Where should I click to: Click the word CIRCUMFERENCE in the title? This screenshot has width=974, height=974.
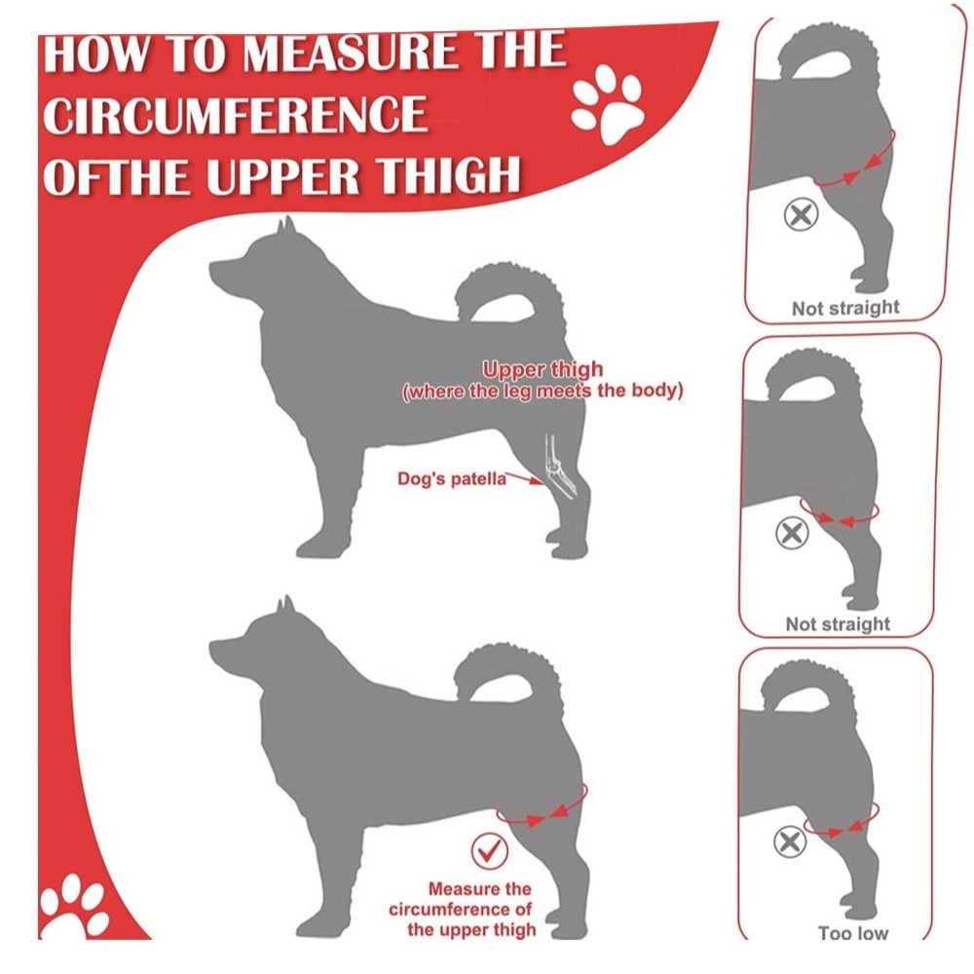tap(236, 115)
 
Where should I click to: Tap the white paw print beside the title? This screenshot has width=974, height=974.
tap(608, 104)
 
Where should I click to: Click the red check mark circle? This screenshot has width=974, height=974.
tap(490, 851)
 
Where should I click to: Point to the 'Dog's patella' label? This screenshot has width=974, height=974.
tap(452, 479)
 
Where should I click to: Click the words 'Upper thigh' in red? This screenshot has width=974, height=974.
tap(543, 369)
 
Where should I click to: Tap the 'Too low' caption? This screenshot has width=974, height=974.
tap(853, 933)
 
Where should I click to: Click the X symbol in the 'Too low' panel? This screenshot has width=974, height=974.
tap(790, 842)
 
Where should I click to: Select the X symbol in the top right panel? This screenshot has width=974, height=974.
tap(802, 215)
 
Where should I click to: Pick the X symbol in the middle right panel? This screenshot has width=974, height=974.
tap(792, 533)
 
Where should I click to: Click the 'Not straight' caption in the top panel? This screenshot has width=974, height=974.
tap(845, 308)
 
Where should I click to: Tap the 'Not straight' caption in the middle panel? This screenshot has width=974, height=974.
tap(838, 623)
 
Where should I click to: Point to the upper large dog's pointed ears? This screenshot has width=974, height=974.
tap(285, 225)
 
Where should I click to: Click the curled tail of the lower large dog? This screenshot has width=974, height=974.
tap(509, 674)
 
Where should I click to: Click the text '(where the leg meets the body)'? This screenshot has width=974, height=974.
tap(543, 392)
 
